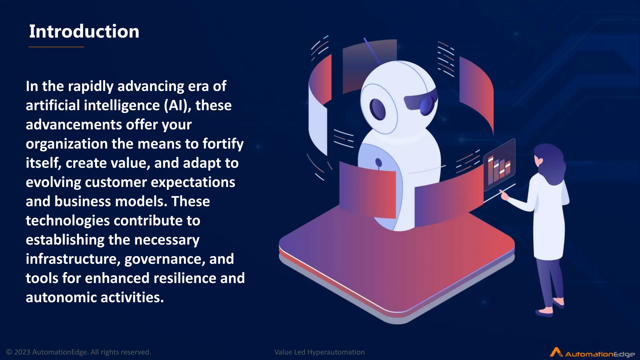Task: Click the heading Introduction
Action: click(x=84, y=32)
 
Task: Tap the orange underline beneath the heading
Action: click(x=56, y=47)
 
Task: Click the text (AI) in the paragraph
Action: click(x=177, y=106)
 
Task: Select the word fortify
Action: click(x=223, y=144)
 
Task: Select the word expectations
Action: click(x=193, y=182)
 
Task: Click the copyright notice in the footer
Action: click(x=78, y=352)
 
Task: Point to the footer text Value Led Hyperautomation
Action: click(x=319, y=352)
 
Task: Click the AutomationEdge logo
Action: click(x=592, y=353)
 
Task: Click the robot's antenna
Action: click(x=372, y=50)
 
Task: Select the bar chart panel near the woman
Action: click(x=499, y=166)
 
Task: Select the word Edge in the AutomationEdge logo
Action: click(x=623, y=354)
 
